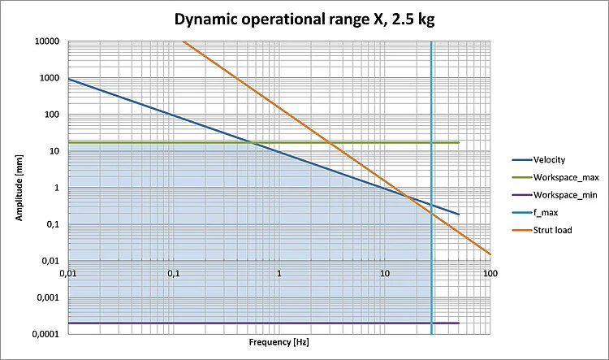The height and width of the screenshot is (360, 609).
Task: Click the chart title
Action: (x=304, y=20)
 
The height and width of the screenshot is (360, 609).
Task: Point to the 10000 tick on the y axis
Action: (x=49, y=41)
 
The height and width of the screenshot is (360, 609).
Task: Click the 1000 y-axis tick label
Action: (x=51, y=78)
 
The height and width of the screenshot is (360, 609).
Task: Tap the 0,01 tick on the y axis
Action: (x=52, y=262)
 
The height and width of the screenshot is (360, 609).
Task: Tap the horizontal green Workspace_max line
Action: (x=203, y=143)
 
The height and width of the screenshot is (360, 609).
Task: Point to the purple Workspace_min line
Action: (x=244, y=323)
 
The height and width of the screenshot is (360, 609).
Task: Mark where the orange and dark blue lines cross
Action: (x=408, y=195)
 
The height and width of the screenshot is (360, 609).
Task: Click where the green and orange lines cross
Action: (x=330, y=143)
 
